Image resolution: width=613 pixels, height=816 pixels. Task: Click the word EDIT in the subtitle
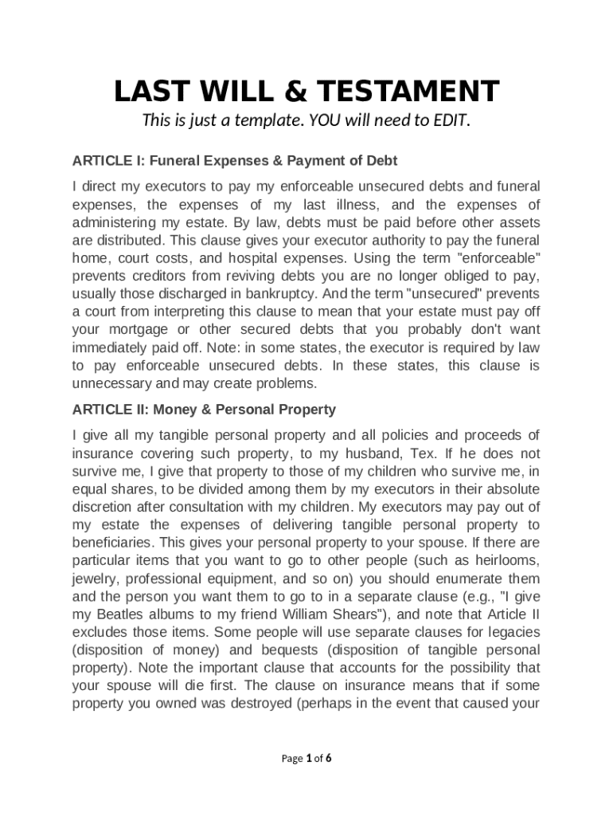451,121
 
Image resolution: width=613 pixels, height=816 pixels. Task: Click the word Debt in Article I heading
381,161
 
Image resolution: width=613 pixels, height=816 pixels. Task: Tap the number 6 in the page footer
329,759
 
